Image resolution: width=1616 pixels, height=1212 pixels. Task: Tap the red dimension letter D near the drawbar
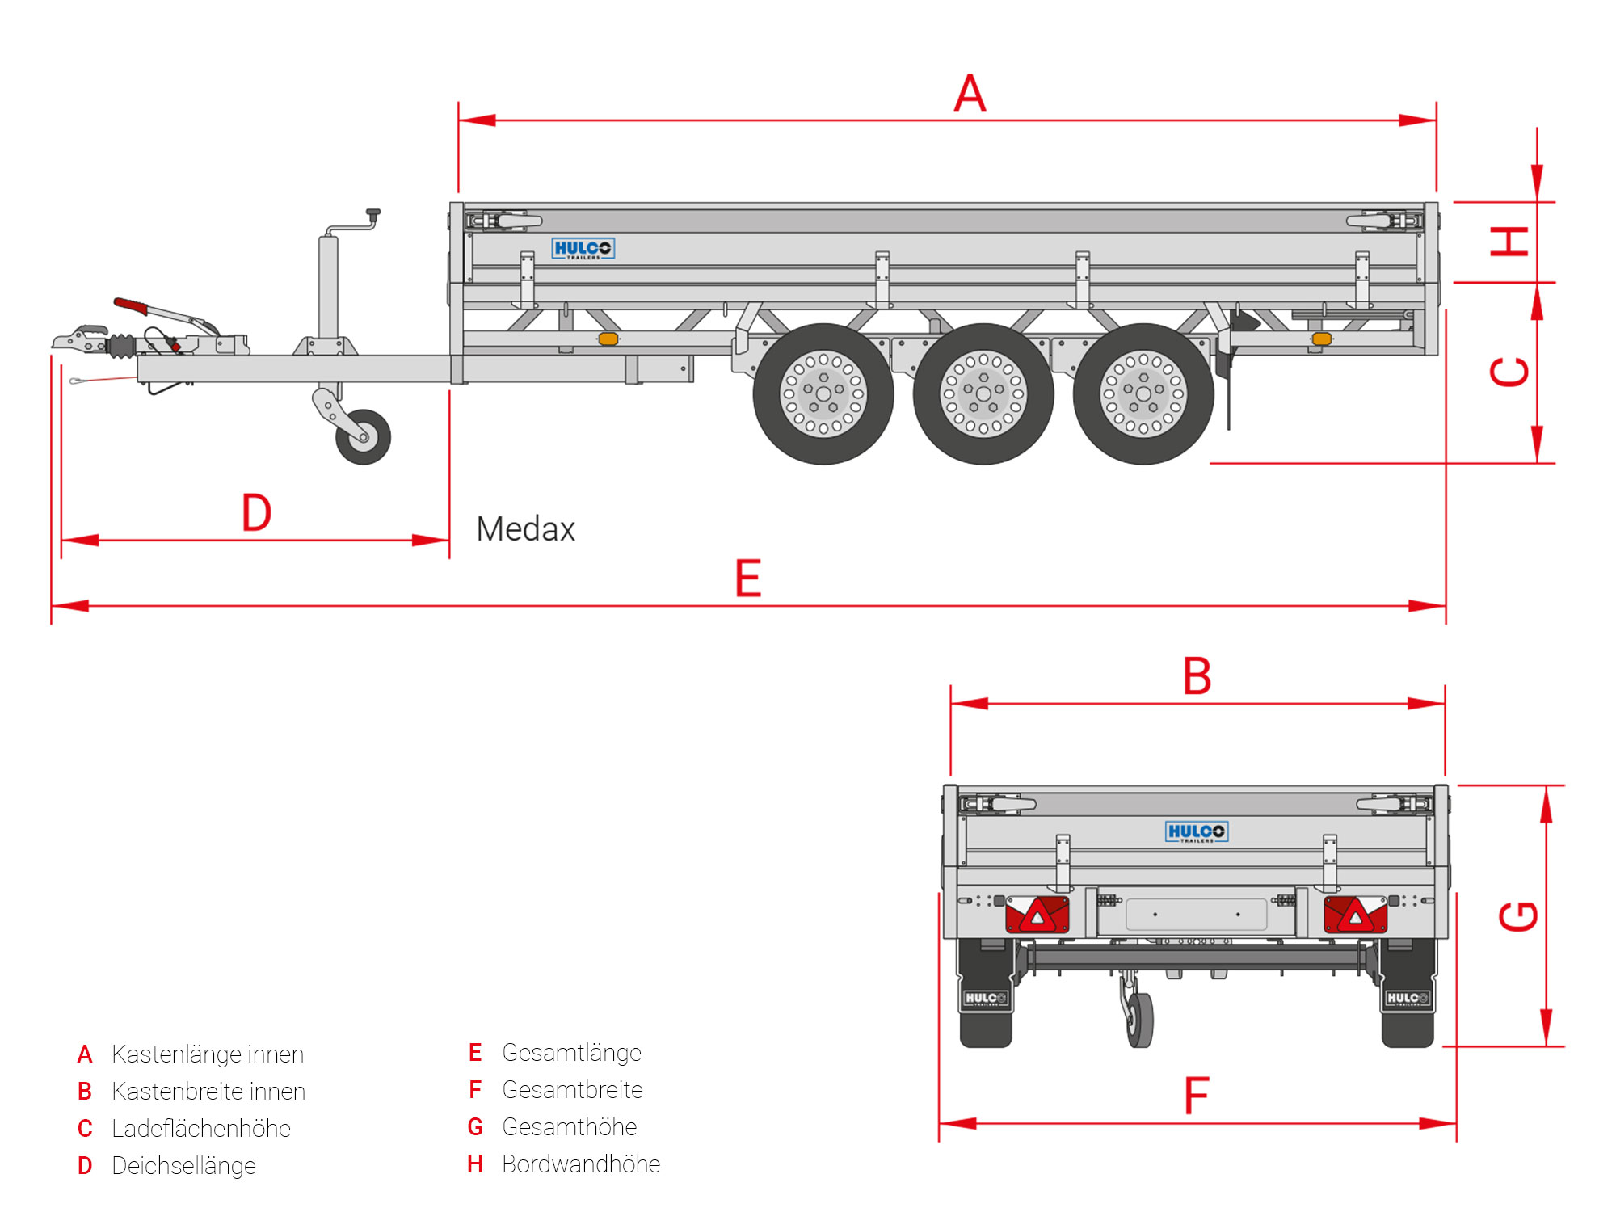[257, 512]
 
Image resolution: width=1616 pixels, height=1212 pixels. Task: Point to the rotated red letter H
[1509, 242]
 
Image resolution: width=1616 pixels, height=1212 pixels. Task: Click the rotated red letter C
[1509, 372]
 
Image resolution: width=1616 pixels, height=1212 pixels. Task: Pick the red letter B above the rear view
[1197, 676]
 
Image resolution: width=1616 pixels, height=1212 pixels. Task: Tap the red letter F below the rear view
[1197, 1096]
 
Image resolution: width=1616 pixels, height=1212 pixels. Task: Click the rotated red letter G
[1518, 916]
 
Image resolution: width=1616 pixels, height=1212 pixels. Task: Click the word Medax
[525, 530]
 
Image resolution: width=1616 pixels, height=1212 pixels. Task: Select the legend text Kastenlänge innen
[208, 1054]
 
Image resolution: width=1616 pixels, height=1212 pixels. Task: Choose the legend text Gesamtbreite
[572, 1090]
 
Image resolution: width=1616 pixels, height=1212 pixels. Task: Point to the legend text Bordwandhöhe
[581, 1164]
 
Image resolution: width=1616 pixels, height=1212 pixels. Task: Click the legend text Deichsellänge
[183, 1166]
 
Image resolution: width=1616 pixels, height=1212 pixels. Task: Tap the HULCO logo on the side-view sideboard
[583, 248]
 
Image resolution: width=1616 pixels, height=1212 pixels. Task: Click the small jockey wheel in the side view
[364, 437]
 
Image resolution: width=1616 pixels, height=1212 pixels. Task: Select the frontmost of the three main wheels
[823, 394]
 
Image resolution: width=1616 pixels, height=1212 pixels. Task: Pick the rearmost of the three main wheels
[1143, 394]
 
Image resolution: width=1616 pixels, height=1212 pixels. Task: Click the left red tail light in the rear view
[1037, 915]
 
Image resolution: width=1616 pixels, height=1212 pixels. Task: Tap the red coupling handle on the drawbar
[131, 305]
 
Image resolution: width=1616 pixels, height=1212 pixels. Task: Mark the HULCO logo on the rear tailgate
[1196, 831]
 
